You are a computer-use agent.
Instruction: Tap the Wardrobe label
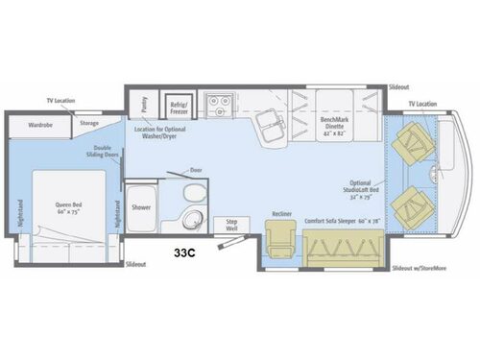point(40,123)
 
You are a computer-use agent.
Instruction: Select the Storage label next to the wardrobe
point(89,123)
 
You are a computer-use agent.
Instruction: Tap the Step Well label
point(230,224)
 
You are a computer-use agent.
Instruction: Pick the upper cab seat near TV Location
point(414,141)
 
